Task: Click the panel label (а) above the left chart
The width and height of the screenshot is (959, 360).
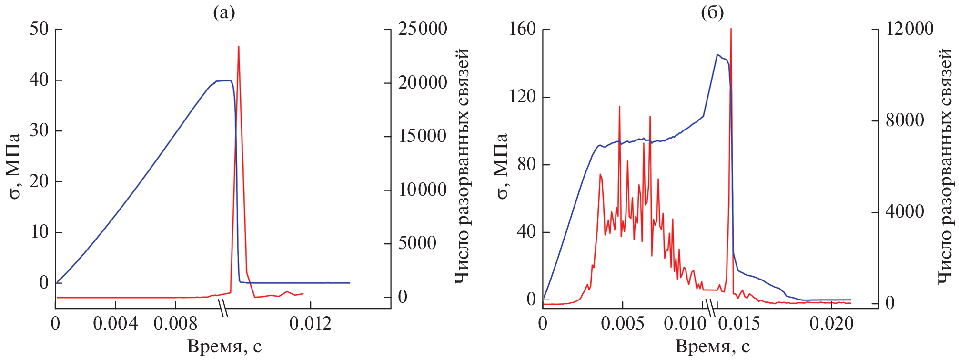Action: pos(224,13)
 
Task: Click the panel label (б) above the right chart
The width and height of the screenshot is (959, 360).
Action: pos(713,13)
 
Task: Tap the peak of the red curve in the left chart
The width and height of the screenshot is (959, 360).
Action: pos(238,47)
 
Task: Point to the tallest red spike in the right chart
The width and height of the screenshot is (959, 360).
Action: pos(731,30)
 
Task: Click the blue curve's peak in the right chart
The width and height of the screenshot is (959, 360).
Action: pos(717,55)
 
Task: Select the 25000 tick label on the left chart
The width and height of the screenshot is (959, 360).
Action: pos(423,29)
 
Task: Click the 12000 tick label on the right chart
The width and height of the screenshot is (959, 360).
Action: pos(909,29)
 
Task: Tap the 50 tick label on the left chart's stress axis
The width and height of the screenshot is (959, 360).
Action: pos(39,29)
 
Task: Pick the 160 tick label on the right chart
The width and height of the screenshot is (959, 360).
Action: pos(522,29)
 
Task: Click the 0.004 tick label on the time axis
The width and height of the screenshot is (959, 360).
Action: pos(115,324)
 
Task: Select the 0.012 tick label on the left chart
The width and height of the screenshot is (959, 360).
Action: pos(310,324)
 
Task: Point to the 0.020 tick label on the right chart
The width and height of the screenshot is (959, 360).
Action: pos(831,324)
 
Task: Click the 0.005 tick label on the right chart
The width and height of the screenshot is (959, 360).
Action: pos(623,324)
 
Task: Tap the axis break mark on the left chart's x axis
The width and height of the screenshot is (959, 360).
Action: pos(222,308)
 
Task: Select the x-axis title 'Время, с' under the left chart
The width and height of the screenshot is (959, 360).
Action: pos(224,346)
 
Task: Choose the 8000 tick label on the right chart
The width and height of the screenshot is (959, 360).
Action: pos(905,120)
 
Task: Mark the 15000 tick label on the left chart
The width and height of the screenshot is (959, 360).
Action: pos(423,137)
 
